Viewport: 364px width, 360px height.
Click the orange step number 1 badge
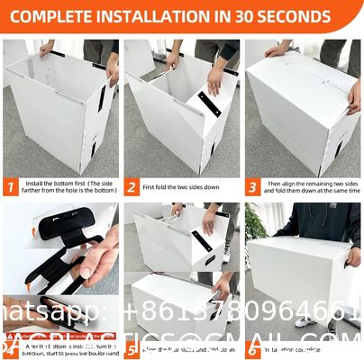coord(11,187)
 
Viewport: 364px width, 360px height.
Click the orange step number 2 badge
coord(132,187)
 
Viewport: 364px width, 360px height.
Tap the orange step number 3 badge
coord(253,187)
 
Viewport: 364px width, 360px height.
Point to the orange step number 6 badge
coord(253,348)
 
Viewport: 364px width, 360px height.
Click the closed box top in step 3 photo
coord(302,76)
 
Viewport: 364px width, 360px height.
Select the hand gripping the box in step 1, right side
coord(112,68)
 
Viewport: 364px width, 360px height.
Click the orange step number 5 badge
coord(132,348)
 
